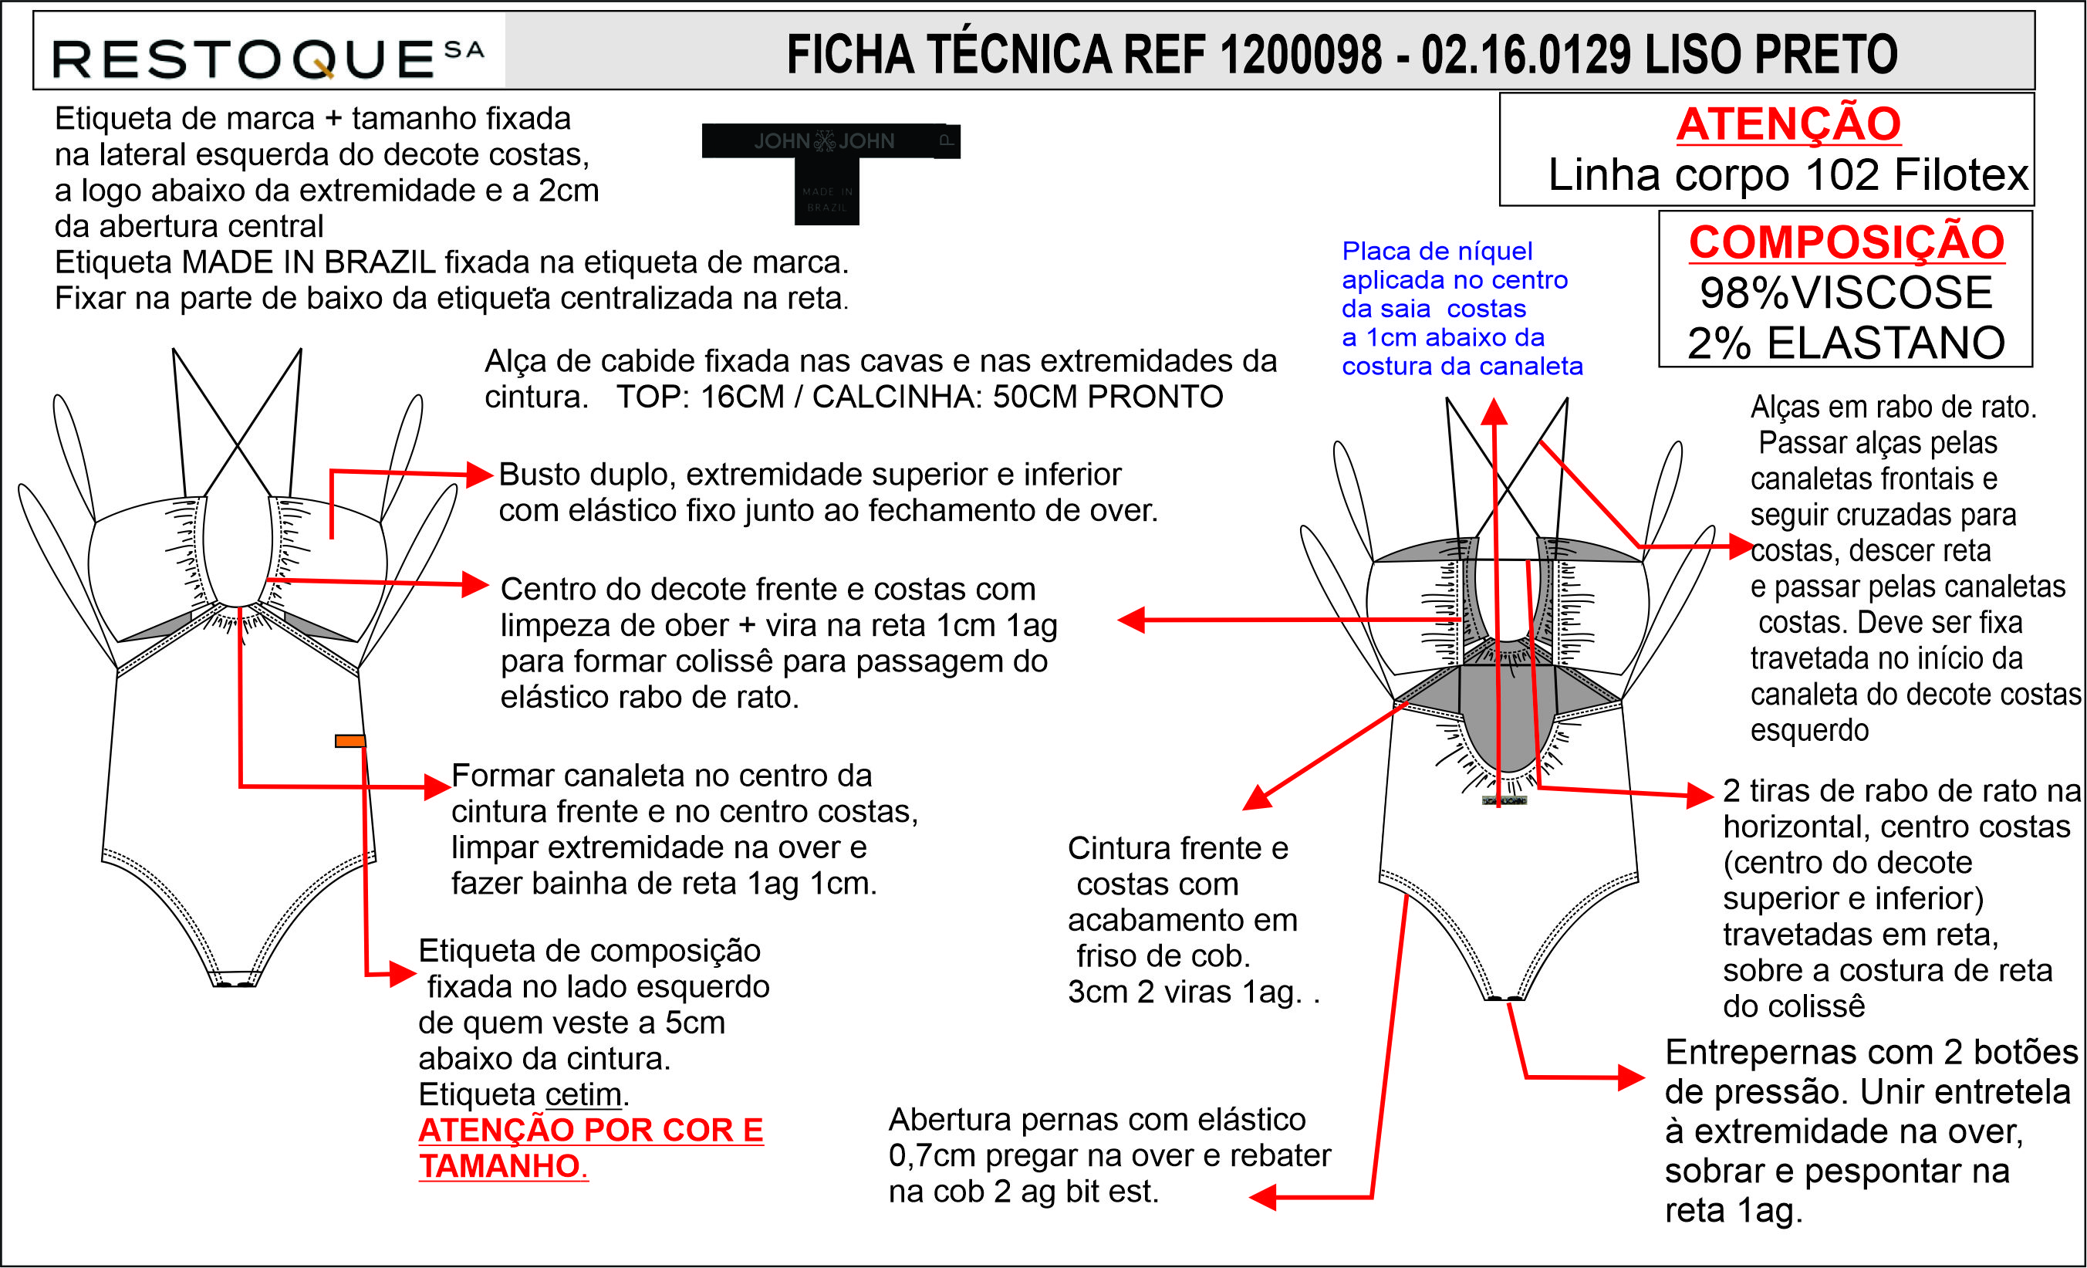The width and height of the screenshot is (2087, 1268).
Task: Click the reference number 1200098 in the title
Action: [x=1299, y=54]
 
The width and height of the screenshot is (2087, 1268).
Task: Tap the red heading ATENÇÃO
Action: [x=1788, y=123]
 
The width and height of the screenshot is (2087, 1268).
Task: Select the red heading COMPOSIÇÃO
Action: [x=1846, y=242]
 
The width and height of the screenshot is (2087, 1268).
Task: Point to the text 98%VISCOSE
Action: [x=1846, y=293]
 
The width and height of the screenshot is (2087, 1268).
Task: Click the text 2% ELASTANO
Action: [x=1846, y=343]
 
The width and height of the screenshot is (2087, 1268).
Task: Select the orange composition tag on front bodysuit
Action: [x=350, y=741]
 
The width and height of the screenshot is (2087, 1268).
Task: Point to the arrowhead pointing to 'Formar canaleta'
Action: [x=438, y=787]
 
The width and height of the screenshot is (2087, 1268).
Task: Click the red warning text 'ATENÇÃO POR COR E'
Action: [x=590, y=1130]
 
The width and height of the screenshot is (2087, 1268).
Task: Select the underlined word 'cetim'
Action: [x=583, y=1094]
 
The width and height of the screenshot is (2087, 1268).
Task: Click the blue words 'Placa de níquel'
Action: [x=1437, y=251]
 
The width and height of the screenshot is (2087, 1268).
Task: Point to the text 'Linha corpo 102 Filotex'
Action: [x=1788, y=175]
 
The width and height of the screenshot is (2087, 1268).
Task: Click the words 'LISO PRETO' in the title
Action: [x=1770, y=54]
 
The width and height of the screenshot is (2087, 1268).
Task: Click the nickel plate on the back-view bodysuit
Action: [x=1504, y=800]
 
